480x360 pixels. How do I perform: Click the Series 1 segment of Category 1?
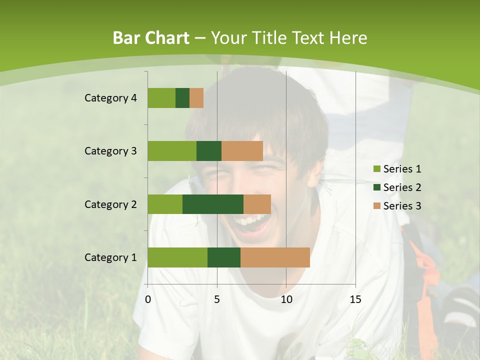click(x=177, y=257)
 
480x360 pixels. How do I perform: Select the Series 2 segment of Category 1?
click(x=224, y=257)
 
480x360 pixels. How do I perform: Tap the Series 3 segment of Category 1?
click(x=275, y=257)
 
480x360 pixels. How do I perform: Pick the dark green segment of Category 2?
click(x=213, y=204)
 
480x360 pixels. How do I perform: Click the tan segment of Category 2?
click(x=257, y=204)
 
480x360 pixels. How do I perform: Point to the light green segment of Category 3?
click(x=172, y=151)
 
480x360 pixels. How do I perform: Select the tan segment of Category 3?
click(x=242, y=151)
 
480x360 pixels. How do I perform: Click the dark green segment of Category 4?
click(x=182, y=98)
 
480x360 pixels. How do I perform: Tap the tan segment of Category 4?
click(x=196, y=98)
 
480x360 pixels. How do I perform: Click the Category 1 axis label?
click(x=110, y=257)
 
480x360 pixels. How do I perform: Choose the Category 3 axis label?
click(x=110, y=151)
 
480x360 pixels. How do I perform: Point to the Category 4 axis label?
click(x=110, y=98)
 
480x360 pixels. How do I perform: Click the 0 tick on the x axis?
click(x=148, y=299)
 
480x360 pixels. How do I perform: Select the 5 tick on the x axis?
click(x=217, y=299)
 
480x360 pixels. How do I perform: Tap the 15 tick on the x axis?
click(x=355, y=299)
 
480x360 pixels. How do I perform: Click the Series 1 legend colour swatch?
click(x=376, y=169)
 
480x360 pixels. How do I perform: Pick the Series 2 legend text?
click(x=402, y=187)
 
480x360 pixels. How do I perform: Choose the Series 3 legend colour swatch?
click(x=376, y=206)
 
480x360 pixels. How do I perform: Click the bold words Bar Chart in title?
click(x=151, y=38)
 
